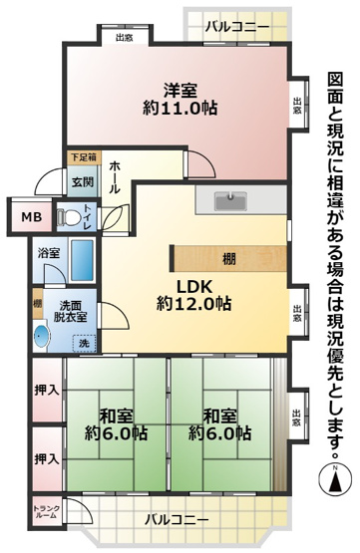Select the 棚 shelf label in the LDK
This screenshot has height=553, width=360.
(x=229, y=259)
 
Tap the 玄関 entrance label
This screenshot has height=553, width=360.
(x=82, y=182)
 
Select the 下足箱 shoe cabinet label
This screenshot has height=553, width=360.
(x=83, y=157)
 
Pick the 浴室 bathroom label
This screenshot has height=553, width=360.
(x=49, y=253)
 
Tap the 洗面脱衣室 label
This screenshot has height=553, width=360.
(x=70, y=312)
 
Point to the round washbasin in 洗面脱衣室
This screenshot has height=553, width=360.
(x=42, y=336)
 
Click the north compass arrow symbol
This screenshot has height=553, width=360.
(x=335, y=478)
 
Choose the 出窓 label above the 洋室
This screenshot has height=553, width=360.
(x=125, y=38)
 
